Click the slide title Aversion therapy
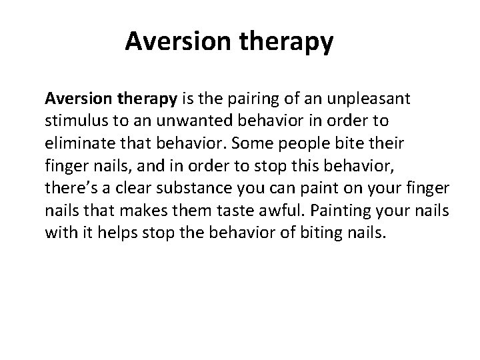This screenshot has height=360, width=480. (x=229, y=42)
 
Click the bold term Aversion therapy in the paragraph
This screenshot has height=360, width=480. (x=111, y=99)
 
